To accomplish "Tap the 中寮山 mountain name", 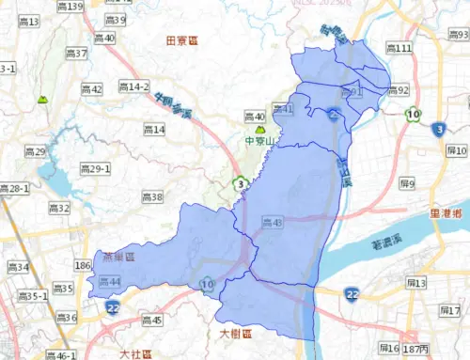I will coord(258,142).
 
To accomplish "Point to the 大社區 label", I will coord(137,353).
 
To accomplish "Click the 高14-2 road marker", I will coord(133,86).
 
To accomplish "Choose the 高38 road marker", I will coord(151,197).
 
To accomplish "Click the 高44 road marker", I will coord(109,282).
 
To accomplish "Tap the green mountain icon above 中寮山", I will coord(260,129).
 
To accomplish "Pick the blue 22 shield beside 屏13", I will coord(351,294).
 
